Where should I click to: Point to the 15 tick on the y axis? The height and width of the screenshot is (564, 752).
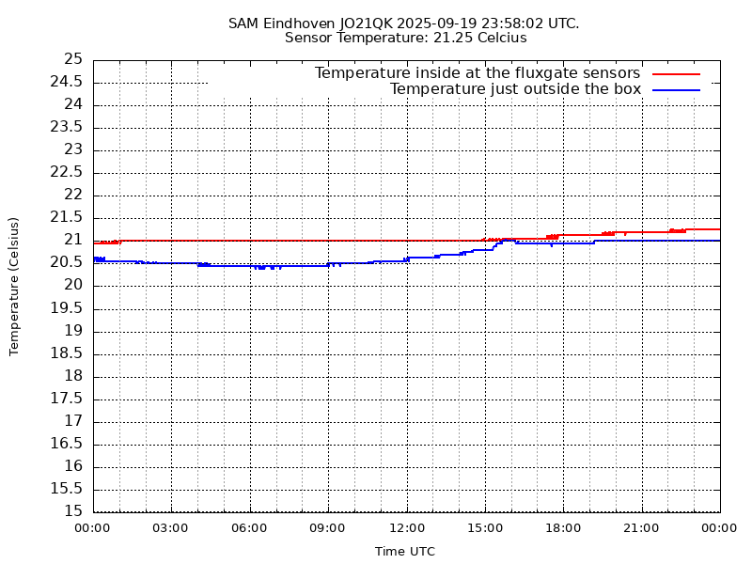point(74,511)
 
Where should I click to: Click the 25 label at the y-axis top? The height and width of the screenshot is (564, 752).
point(73,59)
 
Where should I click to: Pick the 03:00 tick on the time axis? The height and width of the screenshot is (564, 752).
point(170,528)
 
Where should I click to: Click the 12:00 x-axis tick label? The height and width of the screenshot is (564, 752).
point(405,528)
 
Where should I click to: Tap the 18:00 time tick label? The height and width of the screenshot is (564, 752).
point(562,528)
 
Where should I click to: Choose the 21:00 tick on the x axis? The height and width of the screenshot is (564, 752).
point(640,528)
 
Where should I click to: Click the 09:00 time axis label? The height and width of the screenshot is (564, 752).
point(327,528)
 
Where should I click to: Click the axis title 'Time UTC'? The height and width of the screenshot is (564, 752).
point(405,552)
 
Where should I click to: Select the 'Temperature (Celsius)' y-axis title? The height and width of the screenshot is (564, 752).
point(14,286)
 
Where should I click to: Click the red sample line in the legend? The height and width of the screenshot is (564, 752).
point(677,73)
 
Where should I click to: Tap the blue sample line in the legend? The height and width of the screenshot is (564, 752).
point(677,89)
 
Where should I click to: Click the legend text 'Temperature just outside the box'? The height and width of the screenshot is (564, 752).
point(515,89)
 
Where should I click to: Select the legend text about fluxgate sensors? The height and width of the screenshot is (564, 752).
point(478,73)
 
